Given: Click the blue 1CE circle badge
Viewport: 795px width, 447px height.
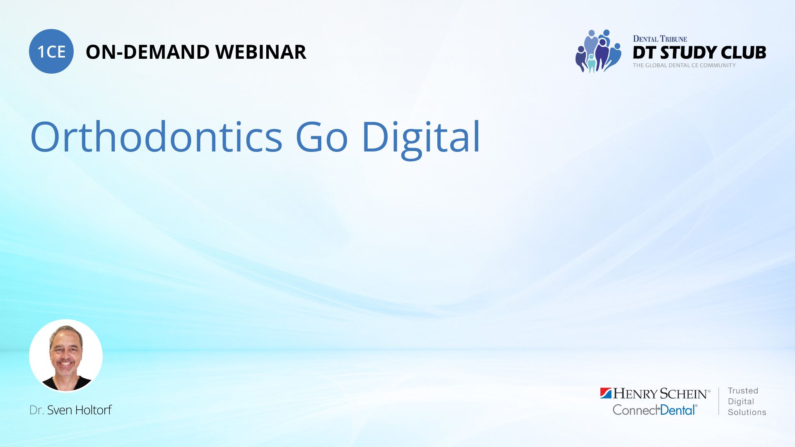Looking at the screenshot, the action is [51, 51].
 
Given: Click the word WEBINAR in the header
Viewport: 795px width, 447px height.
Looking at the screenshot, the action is [261, 52].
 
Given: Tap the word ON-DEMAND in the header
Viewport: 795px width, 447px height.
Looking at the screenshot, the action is [147, 52].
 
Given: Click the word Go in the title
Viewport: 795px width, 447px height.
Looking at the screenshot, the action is [322, 137].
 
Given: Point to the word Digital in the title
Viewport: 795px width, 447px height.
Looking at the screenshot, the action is [421, 139].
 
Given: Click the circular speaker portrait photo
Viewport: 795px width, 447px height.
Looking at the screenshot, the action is [66, 356].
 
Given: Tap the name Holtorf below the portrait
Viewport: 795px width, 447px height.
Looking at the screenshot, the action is [93, 410].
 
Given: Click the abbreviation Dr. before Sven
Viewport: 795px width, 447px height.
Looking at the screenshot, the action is [37, 410].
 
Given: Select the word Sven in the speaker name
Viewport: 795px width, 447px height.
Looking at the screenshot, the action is [60, 410].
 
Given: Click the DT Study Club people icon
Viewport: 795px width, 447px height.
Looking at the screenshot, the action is [598, 51].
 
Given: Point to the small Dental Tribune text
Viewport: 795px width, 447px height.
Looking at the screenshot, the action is [660, 39].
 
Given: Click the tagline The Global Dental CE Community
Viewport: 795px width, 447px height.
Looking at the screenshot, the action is [684, 65].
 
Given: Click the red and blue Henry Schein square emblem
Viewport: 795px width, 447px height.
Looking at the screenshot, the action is [606, 393].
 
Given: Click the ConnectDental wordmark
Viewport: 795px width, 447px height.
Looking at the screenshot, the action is [655, 410].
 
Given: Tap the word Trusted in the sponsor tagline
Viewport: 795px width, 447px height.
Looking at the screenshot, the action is [743, 391].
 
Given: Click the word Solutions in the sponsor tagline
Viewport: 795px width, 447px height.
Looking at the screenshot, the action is [747, 412].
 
